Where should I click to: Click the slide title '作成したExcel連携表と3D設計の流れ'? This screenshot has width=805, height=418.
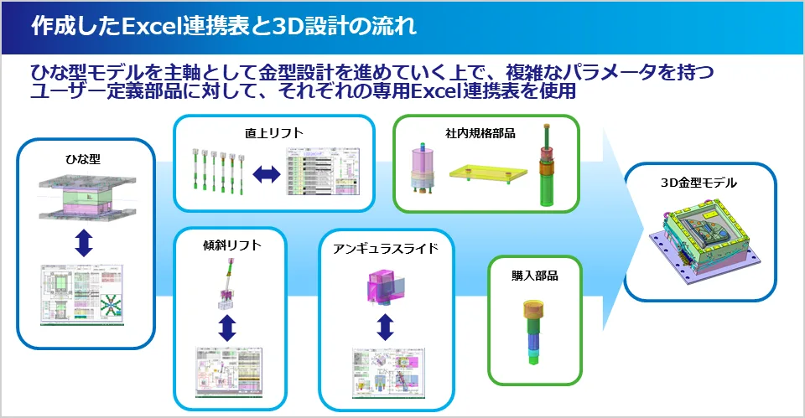[223, 26]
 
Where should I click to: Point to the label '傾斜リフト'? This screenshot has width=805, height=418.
[231, 245]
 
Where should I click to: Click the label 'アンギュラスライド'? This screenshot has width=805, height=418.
[386, 249]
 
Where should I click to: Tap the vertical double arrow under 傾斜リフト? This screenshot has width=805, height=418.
[226, 326]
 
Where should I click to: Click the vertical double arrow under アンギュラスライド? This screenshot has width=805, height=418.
[385, 326]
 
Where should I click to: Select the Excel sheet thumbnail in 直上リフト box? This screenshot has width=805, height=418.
[322, 173]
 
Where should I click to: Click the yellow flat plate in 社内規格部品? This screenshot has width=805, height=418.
[486, 175]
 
